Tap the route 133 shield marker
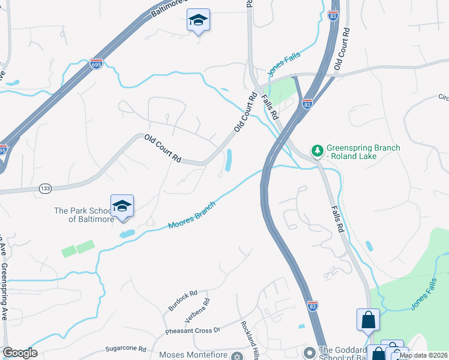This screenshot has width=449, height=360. tap(46, 188)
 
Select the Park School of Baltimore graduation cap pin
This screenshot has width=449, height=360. tap(122, 206)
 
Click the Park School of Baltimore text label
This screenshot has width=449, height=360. tap(84, 215)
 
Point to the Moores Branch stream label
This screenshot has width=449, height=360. tap(191, 216)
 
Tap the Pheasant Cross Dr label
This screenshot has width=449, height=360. tap(193, 331)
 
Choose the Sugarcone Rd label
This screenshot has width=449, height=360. tap(125, 349)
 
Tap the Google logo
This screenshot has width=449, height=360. tap(20, 353)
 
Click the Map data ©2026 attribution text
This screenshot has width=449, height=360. tap(423, 355)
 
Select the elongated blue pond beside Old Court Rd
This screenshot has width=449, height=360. tap(229, 160)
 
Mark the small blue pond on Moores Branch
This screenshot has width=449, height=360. tap(127, 234)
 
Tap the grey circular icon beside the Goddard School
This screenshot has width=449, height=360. tap(310, 352)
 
